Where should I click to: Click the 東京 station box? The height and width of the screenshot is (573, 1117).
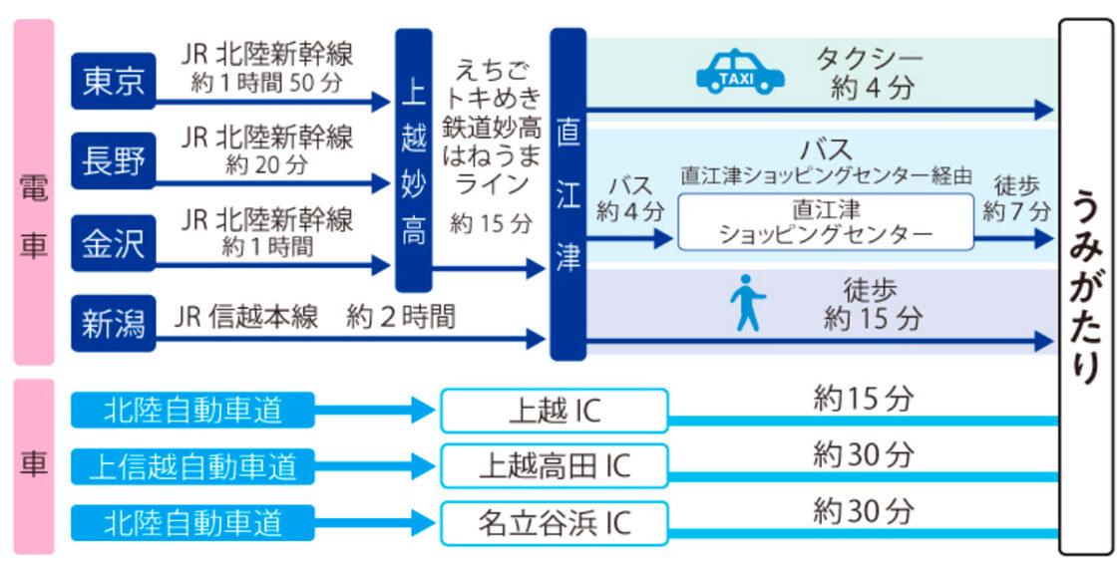pos(114,81)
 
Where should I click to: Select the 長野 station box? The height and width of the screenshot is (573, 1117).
pos(114,160)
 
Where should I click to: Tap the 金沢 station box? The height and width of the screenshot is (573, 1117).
pos(114,242)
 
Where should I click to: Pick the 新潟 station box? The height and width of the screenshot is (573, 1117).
pos(114,323)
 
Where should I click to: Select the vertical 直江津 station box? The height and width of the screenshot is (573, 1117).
pos(567,194)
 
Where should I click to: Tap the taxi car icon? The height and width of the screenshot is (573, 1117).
pos(739,73)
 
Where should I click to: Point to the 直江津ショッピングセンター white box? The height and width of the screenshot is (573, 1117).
pos(826,221)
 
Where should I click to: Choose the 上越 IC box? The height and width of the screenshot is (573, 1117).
pos(555,411)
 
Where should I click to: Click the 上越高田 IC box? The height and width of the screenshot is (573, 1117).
pos(555,465)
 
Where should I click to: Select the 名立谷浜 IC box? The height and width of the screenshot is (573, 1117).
pos(555,523)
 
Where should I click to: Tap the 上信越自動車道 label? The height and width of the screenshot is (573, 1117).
pos(192,465)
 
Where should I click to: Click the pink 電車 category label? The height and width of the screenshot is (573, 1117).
pos(33,194)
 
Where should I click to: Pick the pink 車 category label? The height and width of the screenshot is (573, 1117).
pos(33,465)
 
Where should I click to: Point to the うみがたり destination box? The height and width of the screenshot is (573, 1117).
pos(1085,286)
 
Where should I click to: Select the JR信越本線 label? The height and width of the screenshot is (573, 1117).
pos(246,317)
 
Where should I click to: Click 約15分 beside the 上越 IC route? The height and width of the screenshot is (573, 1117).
pos(863,400)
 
